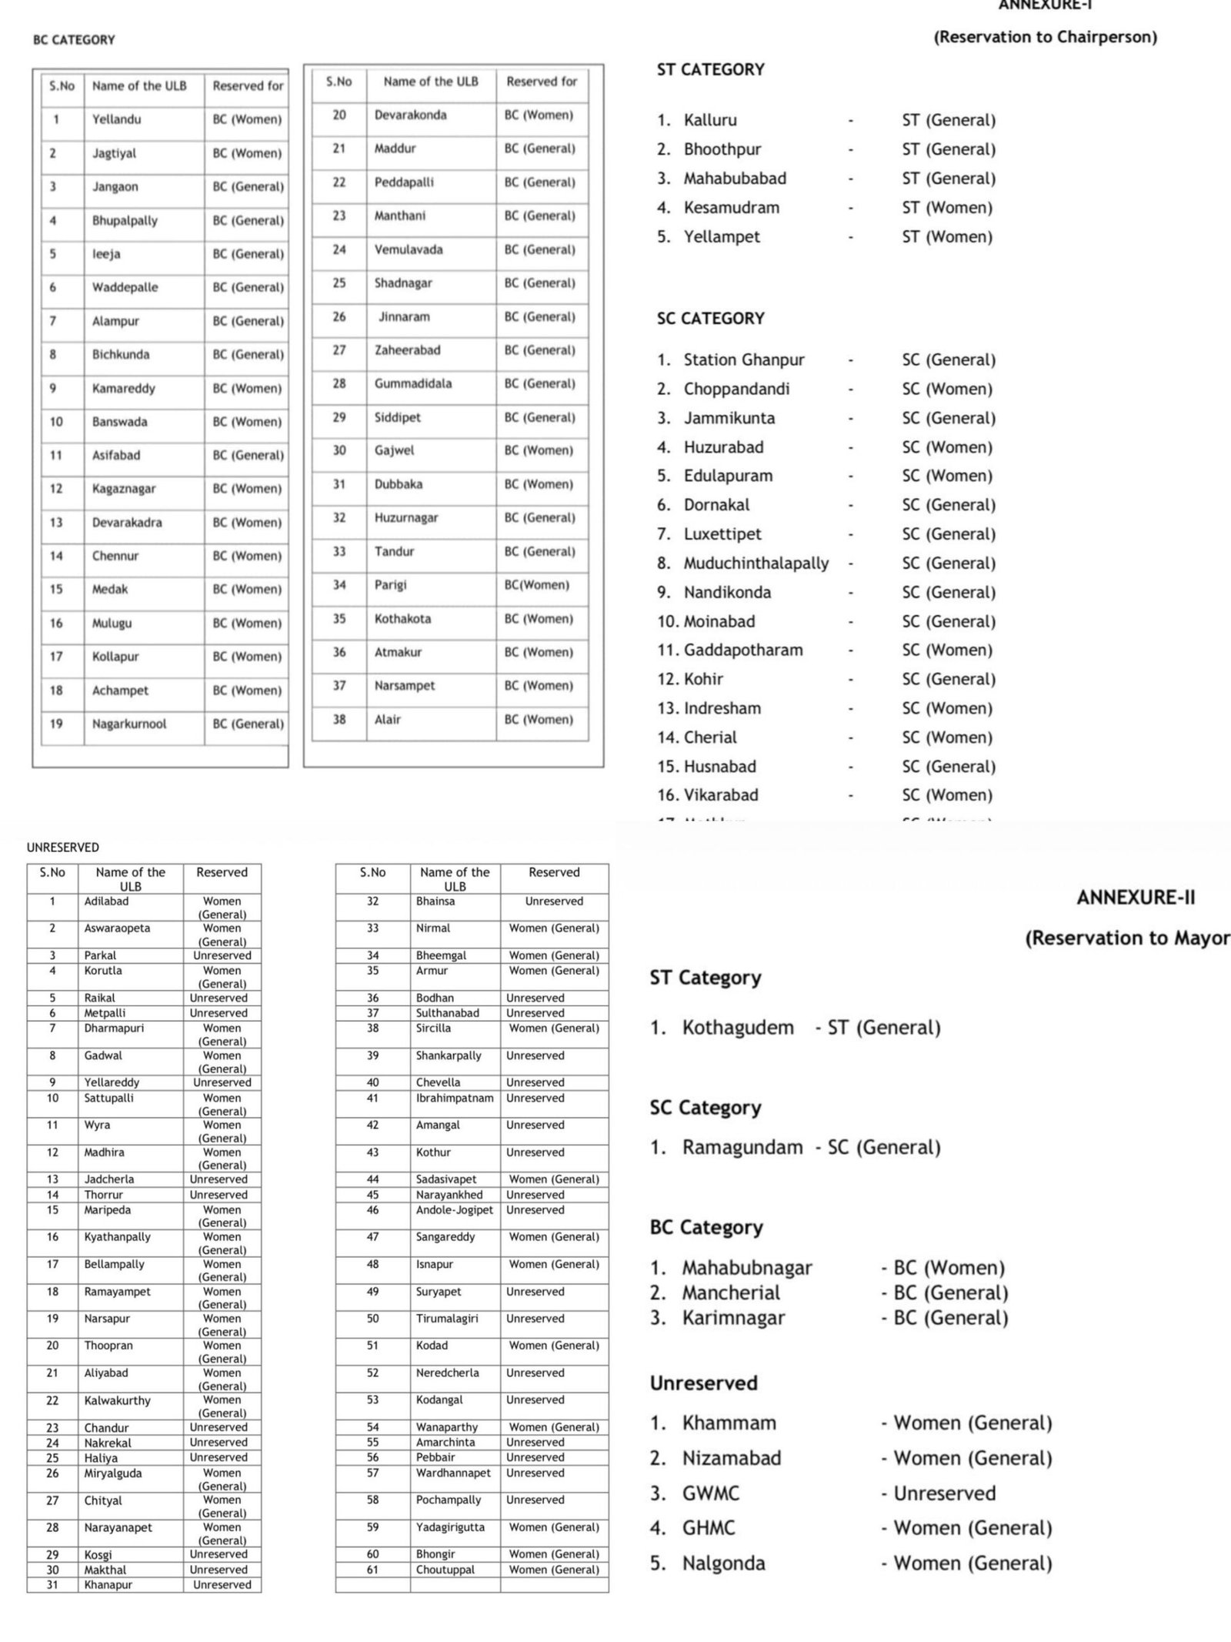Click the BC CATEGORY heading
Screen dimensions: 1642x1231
[74, 40]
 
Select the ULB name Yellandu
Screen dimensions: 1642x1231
[116, 119]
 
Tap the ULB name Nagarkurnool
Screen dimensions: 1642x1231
[128, 724]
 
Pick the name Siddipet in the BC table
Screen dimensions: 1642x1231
[397, 417]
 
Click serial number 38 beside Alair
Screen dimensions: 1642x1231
[339, 719]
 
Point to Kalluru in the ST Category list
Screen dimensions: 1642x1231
[710, 120]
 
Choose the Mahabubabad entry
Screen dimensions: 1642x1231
[735, 179]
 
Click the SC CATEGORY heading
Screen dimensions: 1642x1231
[710, 319]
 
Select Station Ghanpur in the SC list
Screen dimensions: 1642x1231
[744, 360]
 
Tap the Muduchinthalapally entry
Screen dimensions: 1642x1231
[756, 563]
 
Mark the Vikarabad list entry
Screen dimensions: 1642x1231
[721, 794]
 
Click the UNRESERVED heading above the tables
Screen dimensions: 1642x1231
[62, 847]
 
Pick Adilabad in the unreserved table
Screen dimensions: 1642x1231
[106, 901]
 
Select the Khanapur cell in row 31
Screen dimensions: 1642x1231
[108, 1584]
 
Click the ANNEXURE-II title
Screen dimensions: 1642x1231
[1136, 898]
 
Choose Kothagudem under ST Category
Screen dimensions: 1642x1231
[738, 1028]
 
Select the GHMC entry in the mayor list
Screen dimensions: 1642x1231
[709, 1527]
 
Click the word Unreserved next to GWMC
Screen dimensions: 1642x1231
[944, 1493]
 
